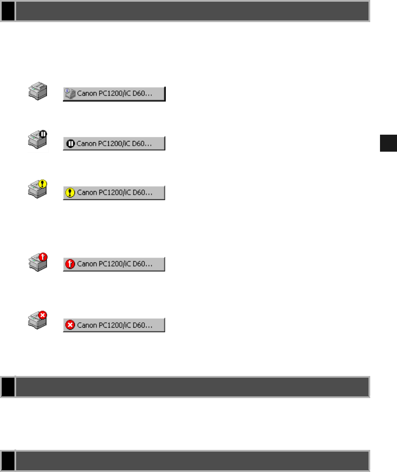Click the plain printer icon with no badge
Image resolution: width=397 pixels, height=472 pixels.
(37, 92)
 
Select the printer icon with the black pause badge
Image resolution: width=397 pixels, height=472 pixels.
(37, 141)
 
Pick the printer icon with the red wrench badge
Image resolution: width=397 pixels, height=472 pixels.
(37, 261)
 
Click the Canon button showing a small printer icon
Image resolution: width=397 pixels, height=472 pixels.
(114, 94)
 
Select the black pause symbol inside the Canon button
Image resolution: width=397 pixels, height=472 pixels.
(70, 144)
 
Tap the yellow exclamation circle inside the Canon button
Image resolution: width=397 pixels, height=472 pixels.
(70, 193)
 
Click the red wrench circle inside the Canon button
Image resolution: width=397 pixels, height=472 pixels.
(70, 264)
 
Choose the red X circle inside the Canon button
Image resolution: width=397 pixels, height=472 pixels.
(70, 325)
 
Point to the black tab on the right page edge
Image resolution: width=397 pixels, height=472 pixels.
(388, 143)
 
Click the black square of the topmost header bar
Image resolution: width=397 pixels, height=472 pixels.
(8, 11)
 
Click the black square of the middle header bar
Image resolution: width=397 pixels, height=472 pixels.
(8, 386)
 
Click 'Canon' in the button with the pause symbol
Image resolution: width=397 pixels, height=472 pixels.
(86, 144)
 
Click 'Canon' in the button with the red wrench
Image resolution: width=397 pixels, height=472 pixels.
(86, 264)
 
